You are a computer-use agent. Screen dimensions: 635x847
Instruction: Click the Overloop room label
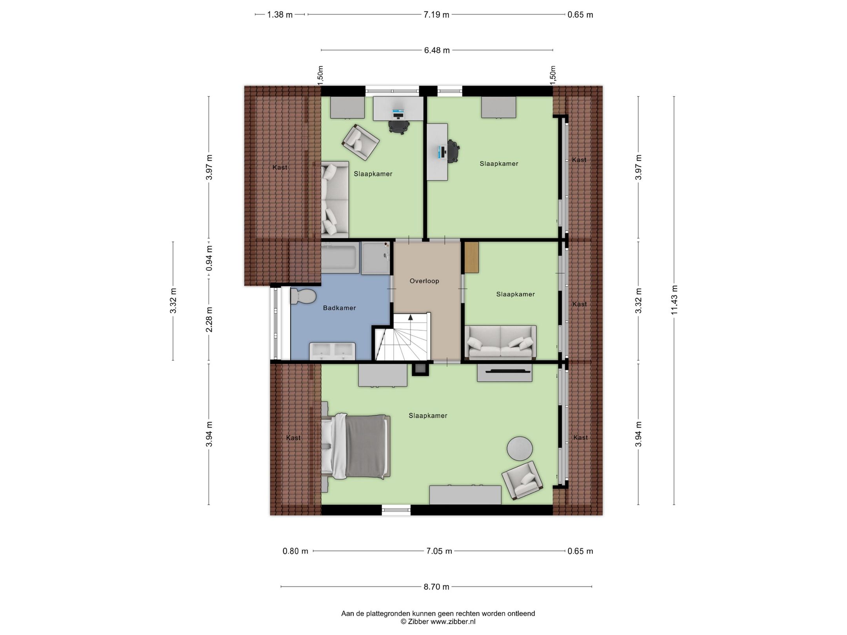click(x=424, y=281)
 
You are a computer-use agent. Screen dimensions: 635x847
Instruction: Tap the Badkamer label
click(x=339, y=308)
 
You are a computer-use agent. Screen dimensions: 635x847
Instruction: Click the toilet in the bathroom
click(x=303, y=296)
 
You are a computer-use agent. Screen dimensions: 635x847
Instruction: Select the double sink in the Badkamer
click(x=332, y=351)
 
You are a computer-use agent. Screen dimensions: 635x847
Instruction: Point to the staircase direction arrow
click(x=411, y=318)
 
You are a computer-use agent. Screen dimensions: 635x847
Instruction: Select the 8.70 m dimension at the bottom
click(x=436, y=598)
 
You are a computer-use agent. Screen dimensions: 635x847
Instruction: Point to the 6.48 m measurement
click(x=436, y=50)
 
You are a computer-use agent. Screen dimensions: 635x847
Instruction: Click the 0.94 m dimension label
click(x=209, y=258)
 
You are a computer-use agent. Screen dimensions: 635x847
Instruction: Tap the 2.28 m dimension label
click(x=209, y=319)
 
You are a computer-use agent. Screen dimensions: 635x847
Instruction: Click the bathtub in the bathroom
click(x=340, y=258)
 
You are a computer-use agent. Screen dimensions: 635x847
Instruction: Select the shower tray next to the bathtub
click(x=375, y=258)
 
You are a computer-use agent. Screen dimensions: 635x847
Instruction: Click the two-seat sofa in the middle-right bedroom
click(x=500, y=342)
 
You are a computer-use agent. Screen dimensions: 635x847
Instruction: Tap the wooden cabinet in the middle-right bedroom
click(x=472, y=258)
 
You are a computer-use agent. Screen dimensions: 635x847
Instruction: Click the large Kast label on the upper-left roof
click(x=280, y=167)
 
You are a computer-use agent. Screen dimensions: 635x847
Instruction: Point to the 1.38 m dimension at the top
click(x=280, y=15)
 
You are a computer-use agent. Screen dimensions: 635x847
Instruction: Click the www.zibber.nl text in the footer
click(x=453, y=621)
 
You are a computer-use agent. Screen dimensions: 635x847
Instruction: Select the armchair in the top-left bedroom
click(x=360, y=142)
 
